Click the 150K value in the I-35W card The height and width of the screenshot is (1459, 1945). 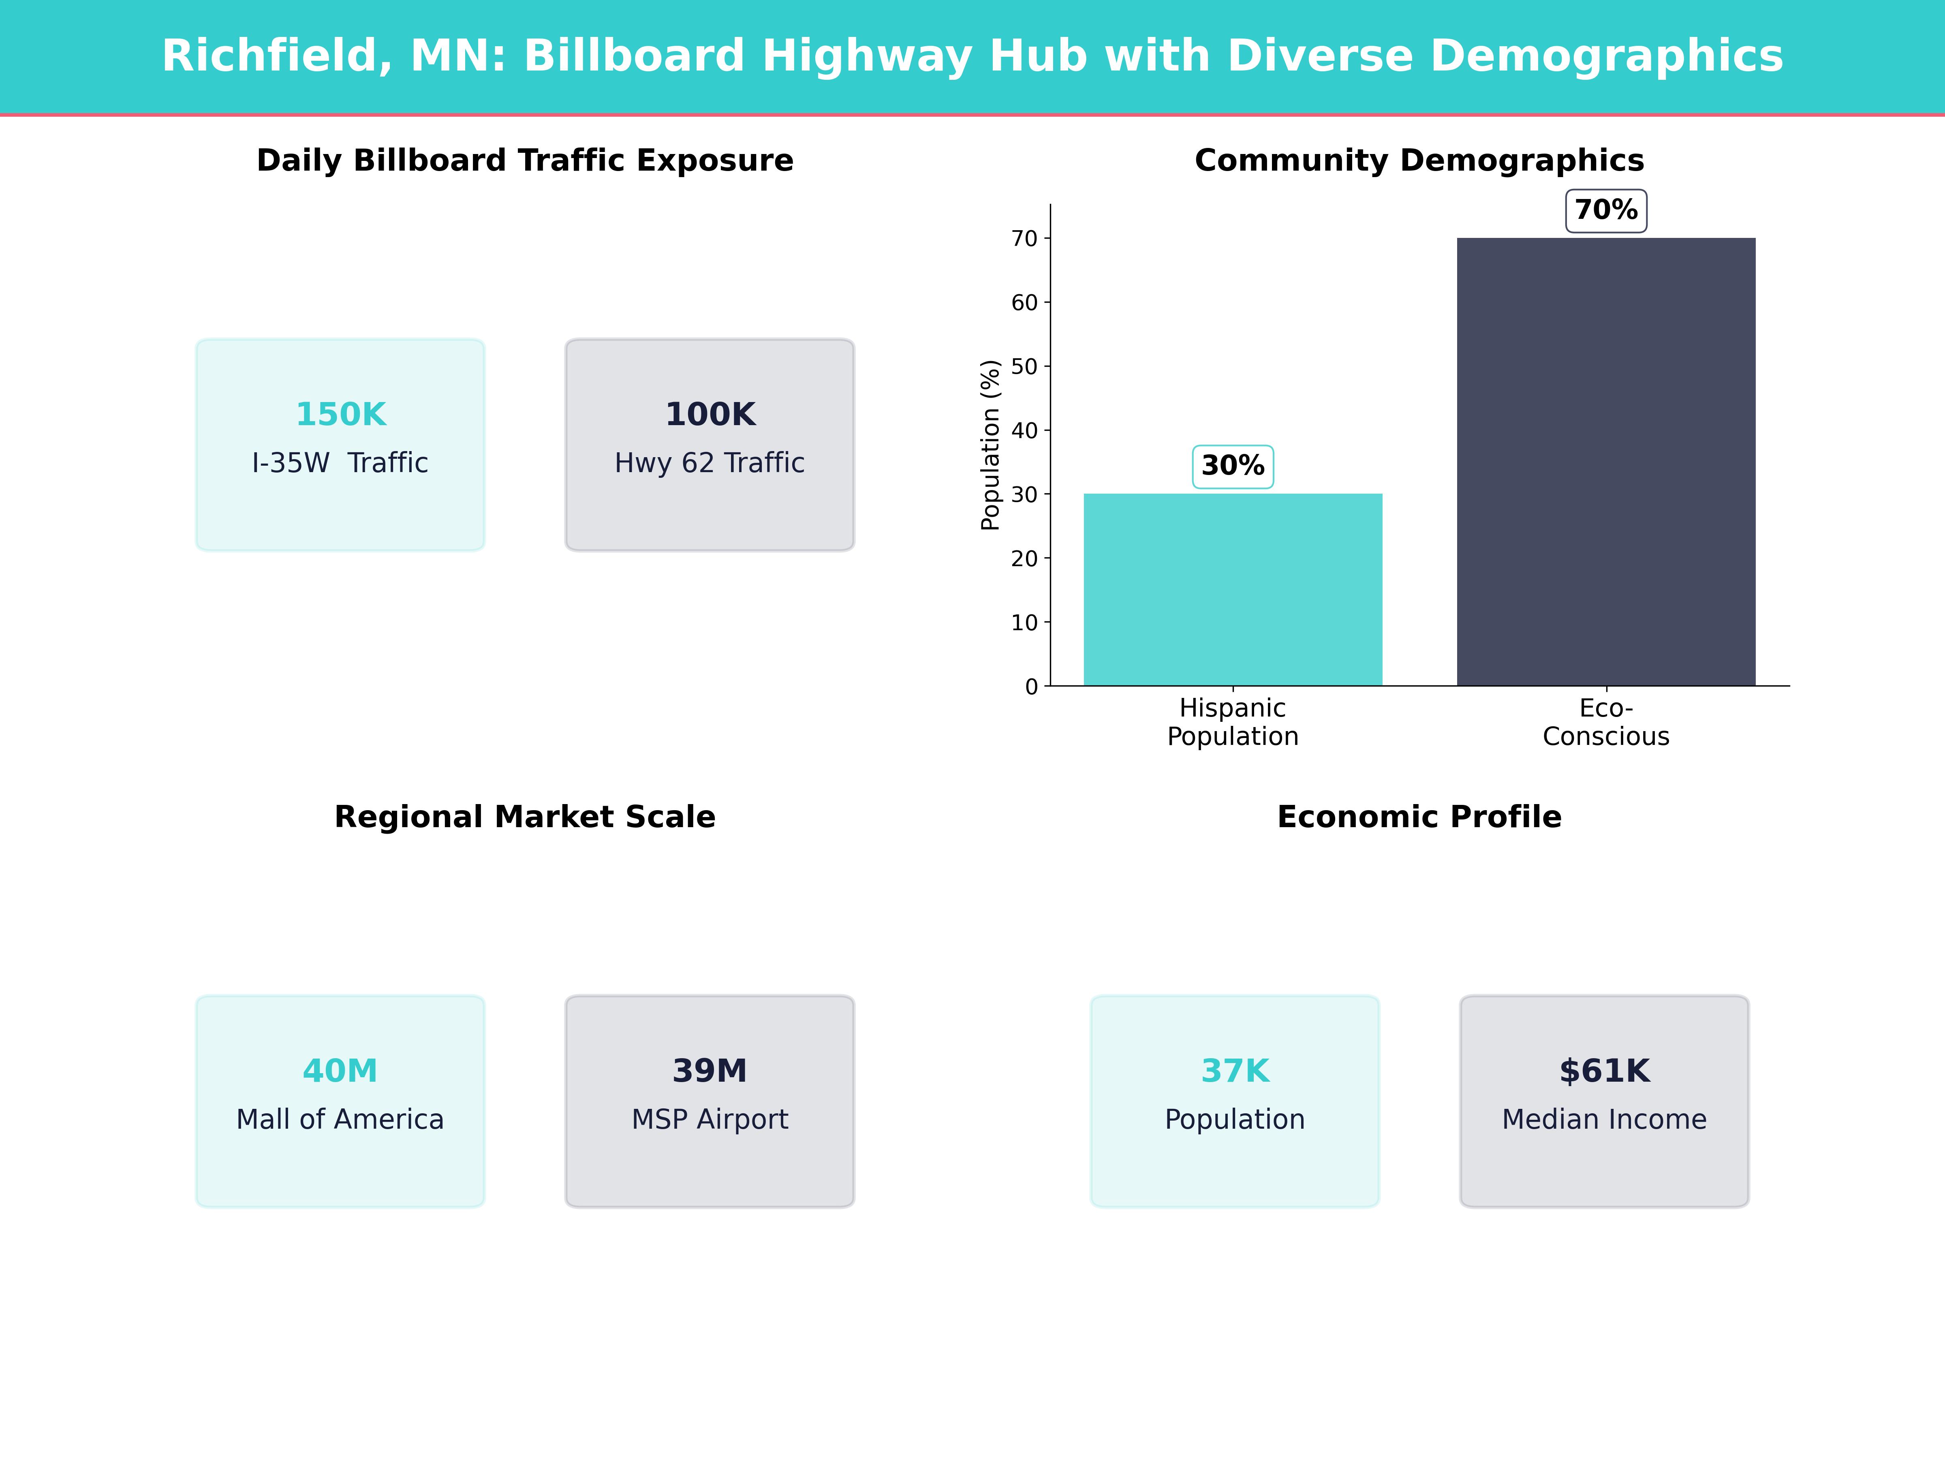coord(340,414)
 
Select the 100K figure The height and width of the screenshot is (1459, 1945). coord(710,414)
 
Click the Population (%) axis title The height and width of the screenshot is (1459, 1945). coord(990,445)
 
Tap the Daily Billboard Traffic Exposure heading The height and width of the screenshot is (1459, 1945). coord(525,161)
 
